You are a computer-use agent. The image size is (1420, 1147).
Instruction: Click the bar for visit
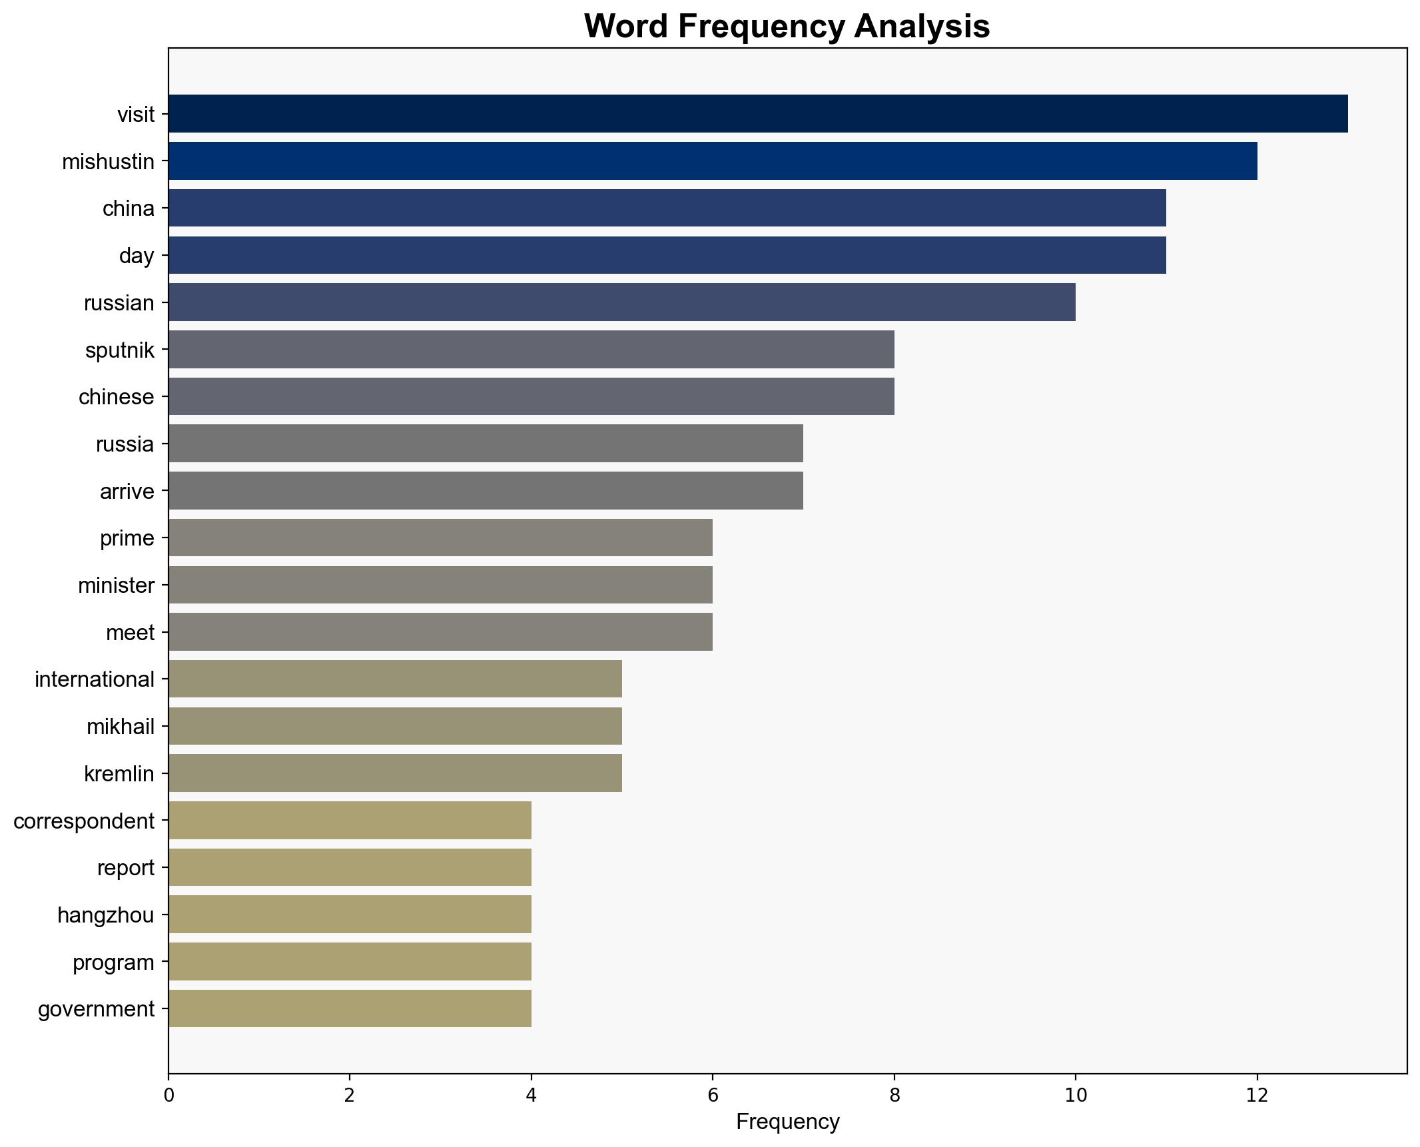[757, 114]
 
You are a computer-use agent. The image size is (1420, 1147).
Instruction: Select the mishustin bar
[712, 161]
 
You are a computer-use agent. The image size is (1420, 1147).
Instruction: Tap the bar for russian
[621, 302]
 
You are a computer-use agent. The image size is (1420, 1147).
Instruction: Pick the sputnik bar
[531, 350]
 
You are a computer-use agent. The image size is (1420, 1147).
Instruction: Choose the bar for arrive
[486, 491]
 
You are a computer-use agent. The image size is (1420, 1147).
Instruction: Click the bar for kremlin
[395, 773]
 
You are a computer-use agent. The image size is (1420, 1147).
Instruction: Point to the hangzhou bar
[350, 915]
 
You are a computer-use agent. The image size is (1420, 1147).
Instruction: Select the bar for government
[350, 1008]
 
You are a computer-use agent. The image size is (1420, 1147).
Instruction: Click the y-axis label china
[128, 208]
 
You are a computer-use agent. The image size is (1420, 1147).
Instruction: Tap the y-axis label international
[95, 679]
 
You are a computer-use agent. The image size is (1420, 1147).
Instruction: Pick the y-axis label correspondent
[84, 821]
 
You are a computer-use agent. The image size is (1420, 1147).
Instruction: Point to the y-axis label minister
[116, 585]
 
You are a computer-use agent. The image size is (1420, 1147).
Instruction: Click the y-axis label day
[137, 256]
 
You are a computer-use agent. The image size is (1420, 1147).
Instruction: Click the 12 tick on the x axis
[1257, 1096]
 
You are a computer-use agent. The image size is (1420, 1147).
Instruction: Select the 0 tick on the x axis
[169, 1096]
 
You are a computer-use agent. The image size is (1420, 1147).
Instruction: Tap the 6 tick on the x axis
[713, 1096]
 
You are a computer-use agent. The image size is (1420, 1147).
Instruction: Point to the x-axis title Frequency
[787, 1123]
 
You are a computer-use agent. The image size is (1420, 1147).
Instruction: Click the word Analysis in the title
[922, 27]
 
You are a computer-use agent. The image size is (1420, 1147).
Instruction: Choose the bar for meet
[440, 632]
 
